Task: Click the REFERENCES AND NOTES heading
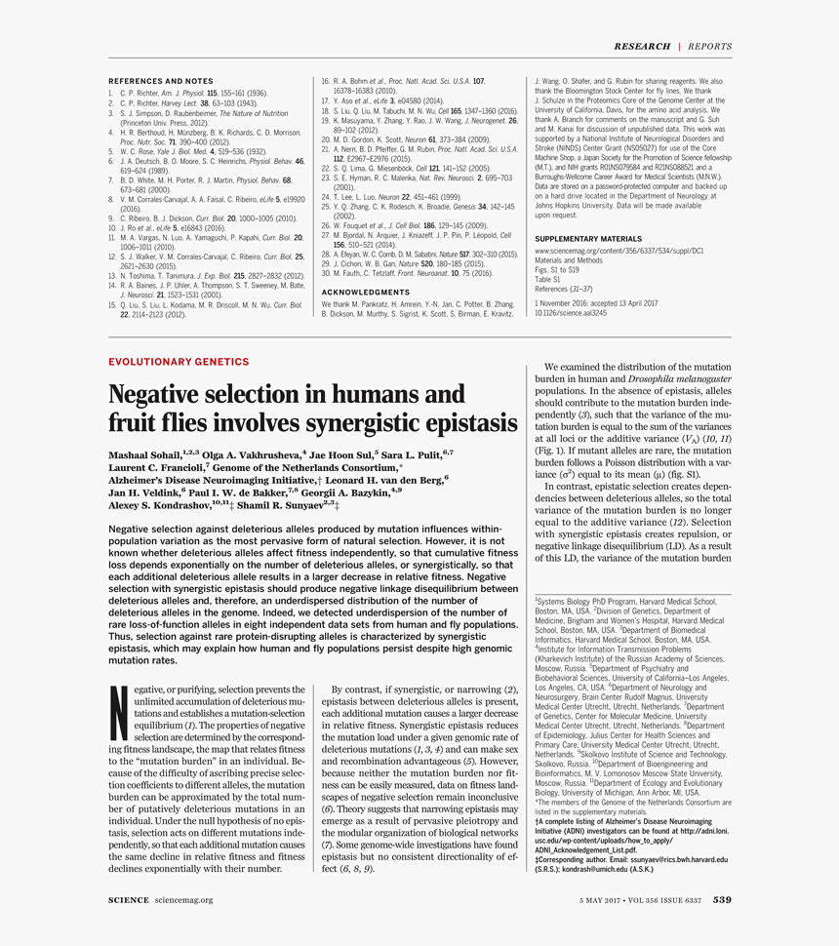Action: click(160, 81)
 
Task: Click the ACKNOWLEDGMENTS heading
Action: click(366, 292)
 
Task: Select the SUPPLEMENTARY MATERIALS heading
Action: click(589, 239)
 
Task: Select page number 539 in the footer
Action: click(722, 900)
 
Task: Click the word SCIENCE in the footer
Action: click(129, 900)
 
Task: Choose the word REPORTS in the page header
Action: click(710, 47)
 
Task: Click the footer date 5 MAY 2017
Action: click(603, 900)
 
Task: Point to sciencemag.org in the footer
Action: click(183, 900)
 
